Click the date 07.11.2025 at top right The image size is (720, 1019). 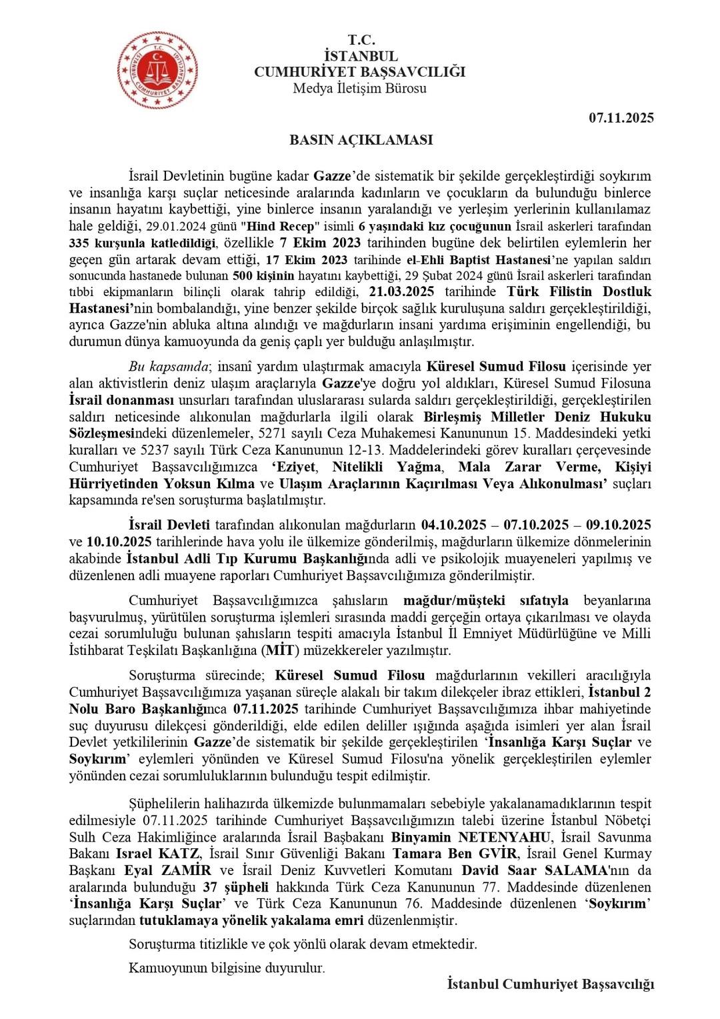click(x=621, y=118)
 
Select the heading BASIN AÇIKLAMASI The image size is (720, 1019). click(x=361, y=140)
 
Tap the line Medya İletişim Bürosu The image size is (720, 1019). click(x=360, y=88)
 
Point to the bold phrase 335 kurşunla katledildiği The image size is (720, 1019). click(x=149, y=243)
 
